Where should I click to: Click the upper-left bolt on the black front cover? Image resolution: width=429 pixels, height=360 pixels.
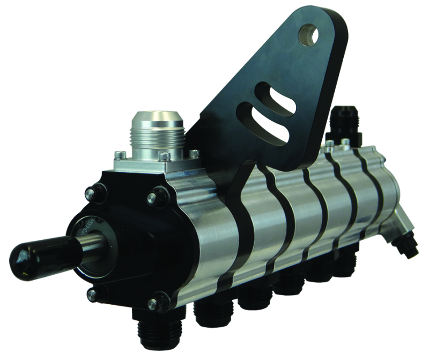pyautogui.click(x=97, y=191)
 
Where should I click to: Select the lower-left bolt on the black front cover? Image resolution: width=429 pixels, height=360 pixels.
pyautogui.click(x=93, y=295)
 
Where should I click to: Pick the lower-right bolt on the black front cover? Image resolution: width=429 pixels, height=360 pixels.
pyautogui.click(x=158, y=303)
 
